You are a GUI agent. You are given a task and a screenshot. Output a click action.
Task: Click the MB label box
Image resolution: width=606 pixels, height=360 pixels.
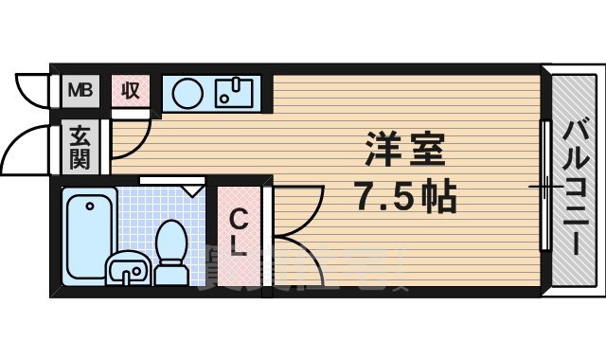tap(79, 91)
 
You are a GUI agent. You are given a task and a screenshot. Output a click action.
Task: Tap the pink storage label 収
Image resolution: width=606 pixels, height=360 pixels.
tap(130, 91)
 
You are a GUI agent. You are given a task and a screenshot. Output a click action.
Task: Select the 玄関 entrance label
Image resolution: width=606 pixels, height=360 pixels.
tap(79, 147)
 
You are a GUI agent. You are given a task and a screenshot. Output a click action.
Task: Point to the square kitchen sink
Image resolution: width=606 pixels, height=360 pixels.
tap(233, 93)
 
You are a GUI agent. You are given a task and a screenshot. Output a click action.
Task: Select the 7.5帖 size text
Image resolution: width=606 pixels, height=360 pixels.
tap(405, 196)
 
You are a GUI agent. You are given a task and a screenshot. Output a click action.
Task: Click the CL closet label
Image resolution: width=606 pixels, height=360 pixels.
tap(240, 234)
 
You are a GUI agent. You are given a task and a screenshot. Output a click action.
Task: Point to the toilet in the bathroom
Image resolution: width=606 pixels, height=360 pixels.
tap(171, 251)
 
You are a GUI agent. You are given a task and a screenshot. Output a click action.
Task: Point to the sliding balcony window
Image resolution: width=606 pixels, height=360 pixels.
tap(544, 186)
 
